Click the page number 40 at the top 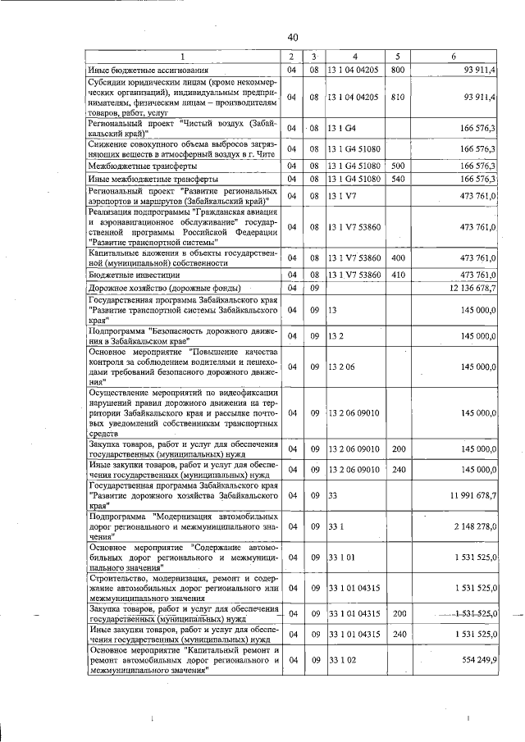click(292, 37)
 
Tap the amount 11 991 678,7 click(468, 496)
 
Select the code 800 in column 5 click(399, 70)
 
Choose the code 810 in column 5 click(399, 97)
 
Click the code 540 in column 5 click(399, 179)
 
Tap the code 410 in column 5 click(399, 275)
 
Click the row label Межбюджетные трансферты click(137, 166)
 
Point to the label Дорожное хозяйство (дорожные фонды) click(164, 289)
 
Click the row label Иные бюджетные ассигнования click(142, 71)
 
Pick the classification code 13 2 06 click(343, 366)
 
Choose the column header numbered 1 click(183, 56)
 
